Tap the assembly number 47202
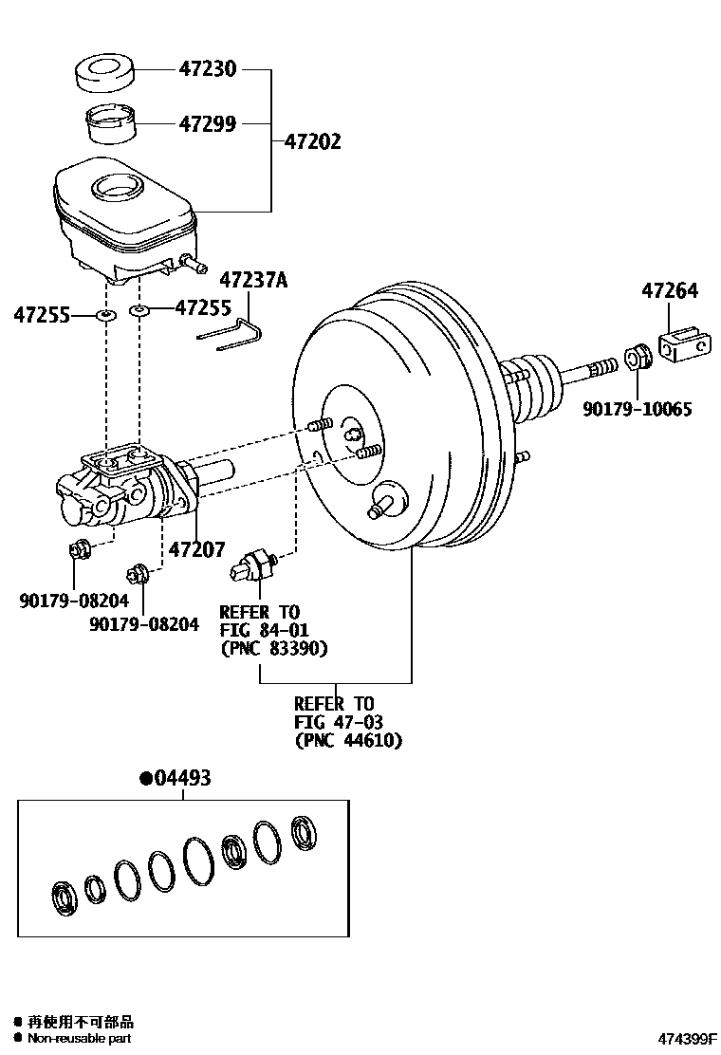312,142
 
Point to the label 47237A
253,280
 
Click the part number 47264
668,291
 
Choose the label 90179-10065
637,410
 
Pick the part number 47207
197,549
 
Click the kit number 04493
176,779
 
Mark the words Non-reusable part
79,1039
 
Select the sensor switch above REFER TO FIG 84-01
254,564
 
